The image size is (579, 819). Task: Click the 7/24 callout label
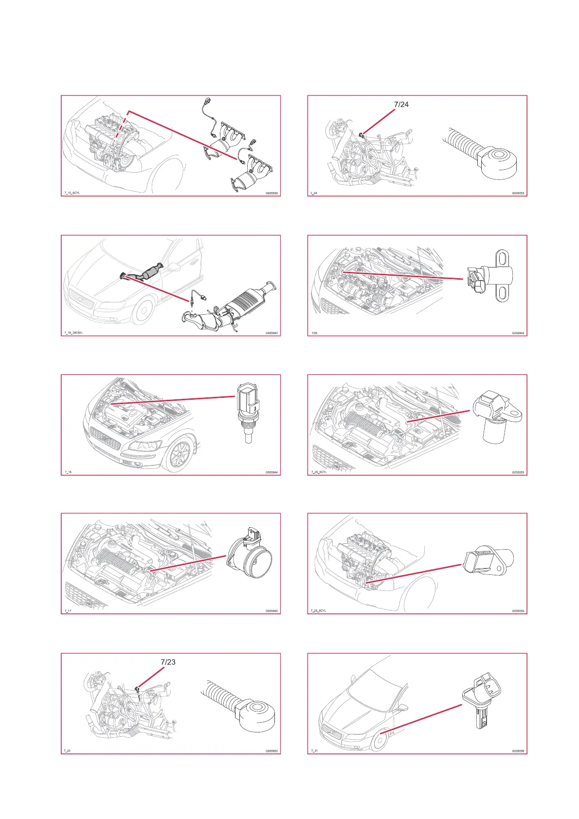401,104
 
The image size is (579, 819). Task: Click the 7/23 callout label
168,662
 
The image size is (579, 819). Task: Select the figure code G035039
271,193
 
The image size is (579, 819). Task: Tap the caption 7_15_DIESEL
73,333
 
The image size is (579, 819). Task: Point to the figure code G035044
271,472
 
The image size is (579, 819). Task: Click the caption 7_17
68,611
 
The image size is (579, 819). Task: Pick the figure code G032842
518,333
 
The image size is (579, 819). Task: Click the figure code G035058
518,751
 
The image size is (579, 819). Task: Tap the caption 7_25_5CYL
319,472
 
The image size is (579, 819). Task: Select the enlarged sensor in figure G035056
487,562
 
